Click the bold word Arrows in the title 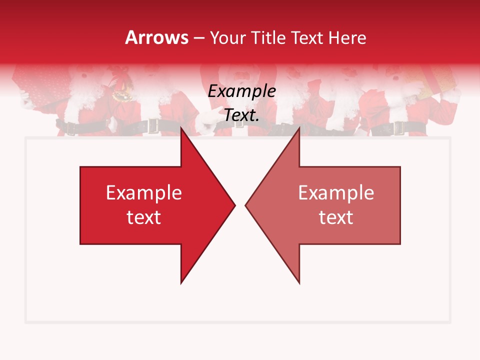157,37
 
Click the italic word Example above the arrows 241,91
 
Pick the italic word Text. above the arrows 241,115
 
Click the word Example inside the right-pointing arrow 143,192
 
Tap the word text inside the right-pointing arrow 143,217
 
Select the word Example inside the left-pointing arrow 336,192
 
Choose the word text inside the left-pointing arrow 336,217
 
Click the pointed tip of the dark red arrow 234,205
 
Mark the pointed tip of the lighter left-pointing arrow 245,205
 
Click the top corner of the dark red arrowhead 181,127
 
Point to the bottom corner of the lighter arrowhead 299,283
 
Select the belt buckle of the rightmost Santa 398,128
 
